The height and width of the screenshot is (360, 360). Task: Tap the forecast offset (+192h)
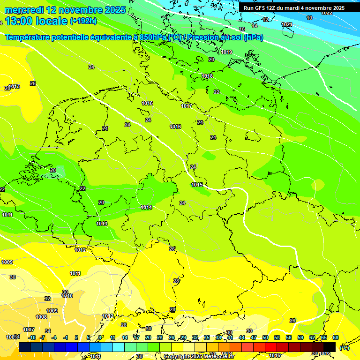(83, 21)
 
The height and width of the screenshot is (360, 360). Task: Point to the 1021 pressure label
(287, 24)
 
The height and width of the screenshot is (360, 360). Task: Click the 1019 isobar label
(226, 52)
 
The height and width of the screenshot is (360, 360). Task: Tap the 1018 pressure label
(207, 76)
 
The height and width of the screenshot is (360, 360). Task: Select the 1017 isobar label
(187, 106)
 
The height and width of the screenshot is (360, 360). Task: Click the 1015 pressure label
(197, 185)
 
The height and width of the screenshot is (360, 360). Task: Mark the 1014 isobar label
(146, 207)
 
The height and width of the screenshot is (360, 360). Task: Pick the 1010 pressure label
(67, 296)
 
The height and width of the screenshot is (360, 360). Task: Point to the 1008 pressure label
(41, 317)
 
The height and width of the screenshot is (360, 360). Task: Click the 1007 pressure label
(29, 330)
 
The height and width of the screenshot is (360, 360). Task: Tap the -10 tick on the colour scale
(31, 337)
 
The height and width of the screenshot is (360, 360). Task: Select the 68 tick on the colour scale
(336, 337)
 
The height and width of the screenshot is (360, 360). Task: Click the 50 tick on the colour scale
(265, 337)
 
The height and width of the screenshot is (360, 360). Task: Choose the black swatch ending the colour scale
(330, 347)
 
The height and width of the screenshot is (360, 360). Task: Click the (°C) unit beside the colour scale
(344, 347)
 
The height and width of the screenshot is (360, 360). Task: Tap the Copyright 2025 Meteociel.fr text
(199, 357)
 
